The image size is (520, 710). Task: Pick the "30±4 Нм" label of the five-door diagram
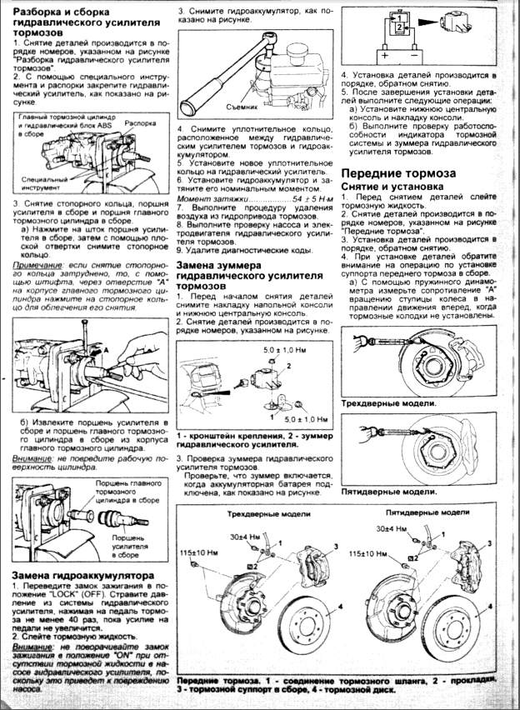point(392,528)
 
